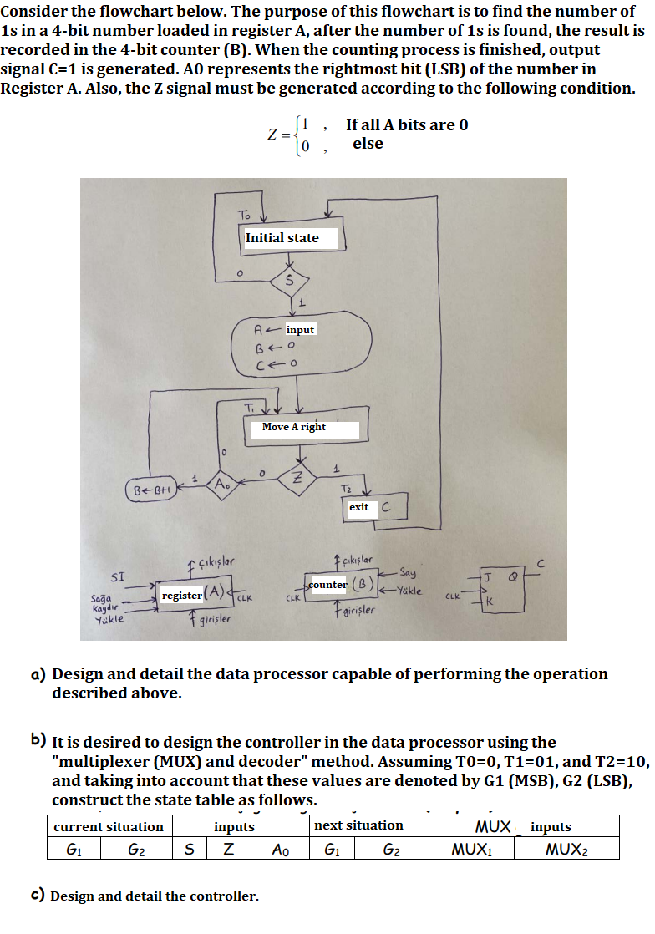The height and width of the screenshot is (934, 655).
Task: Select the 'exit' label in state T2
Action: pos(359,507)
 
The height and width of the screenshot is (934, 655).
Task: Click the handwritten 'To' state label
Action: pos(244,216)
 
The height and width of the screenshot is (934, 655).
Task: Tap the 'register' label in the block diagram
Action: pos(181,596)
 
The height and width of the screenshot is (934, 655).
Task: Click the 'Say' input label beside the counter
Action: pos(408,573)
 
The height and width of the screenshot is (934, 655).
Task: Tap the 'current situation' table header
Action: pos(109,827)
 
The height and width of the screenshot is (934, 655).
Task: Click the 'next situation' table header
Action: pos(358,825)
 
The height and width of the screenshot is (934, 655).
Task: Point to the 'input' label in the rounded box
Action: pos(300,330)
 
